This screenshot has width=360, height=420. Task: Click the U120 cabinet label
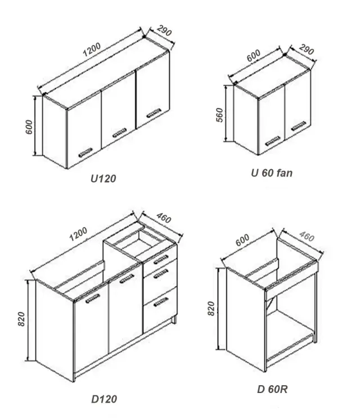(x=103, y=179)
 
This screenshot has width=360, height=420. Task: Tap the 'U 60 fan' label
(x=272, y=173)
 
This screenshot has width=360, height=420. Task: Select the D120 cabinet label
(x=104, y=399)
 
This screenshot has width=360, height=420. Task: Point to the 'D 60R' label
(x=272, y=389)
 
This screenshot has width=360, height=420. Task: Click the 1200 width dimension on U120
(x=92, y=49)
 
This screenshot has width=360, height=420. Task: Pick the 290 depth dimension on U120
(x=164, y=30)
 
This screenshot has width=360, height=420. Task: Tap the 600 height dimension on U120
(x=29, y=127)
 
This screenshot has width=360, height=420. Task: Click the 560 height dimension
(x=219, y=115)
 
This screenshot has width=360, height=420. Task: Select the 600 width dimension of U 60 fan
(x=253, y=56)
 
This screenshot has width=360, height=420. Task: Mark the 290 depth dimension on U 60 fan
(x=306, y=49)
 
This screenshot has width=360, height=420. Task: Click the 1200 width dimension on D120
(x=78, y=234)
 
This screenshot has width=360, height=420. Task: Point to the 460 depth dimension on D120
(x=164, y=218)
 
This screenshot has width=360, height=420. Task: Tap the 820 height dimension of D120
(x=21, y=319)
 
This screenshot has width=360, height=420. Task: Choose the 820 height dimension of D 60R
(x=211, y=309)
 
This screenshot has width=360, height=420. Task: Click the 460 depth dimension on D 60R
(x=307, y=237)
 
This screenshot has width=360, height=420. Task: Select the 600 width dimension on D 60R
(x=242, y=240)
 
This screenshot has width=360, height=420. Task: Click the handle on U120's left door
(x=85, y=152)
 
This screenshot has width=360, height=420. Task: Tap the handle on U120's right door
(x=154, y=113)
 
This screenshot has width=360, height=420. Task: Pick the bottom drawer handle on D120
(x=161, y=302)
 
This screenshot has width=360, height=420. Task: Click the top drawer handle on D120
(x=161, y=259)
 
